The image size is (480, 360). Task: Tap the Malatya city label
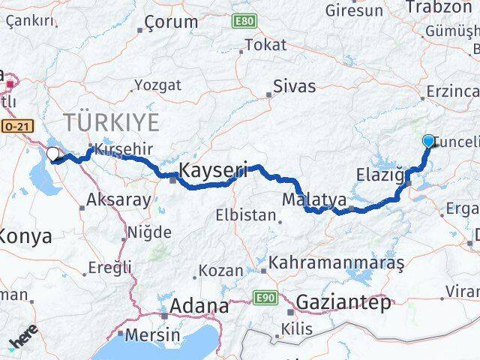314,200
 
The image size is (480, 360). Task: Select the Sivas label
294,85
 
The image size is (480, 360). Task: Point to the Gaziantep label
344,303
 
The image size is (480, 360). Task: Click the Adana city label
199,306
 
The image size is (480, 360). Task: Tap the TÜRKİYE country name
112,122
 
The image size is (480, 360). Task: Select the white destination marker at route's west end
53,154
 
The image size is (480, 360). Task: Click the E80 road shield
243,21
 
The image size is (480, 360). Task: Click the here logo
24,342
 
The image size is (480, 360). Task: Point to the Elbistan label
245,214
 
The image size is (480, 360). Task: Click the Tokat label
265,45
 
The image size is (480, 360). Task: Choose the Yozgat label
159,85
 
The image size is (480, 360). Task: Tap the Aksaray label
118,199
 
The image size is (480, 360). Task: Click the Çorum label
170,22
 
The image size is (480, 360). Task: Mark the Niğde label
149,232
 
